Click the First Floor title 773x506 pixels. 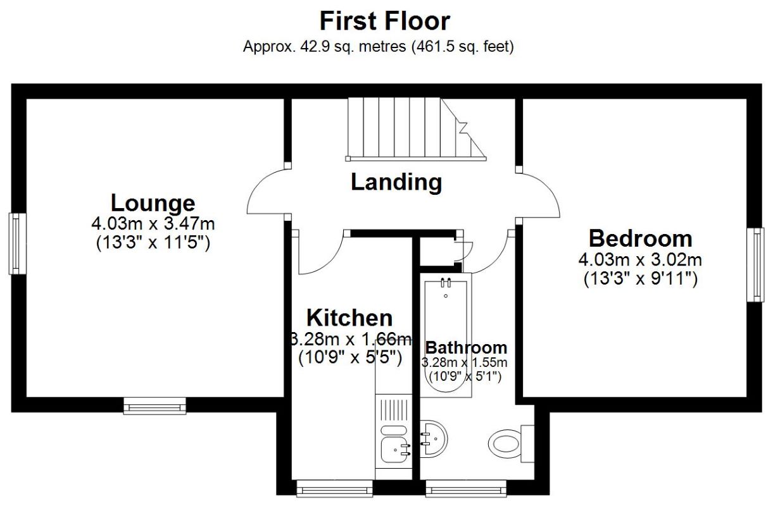pos(384,21)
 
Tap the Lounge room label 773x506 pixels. pos(153,203)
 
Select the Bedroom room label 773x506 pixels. pos(640,238)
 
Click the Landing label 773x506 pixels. pos(396,182)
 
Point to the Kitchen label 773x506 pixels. pos(349,318)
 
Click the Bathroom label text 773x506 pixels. pos(466,347)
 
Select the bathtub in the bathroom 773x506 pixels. pos(446,335)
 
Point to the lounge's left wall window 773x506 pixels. pos(17,244)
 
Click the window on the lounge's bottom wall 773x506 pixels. pos(154,405)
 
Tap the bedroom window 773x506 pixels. pos(755,264)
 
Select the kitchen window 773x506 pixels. pos(334,488)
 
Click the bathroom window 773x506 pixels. pos(466,488)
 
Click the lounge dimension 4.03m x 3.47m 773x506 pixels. pos(153,223)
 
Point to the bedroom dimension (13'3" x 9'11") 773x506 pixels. pos(640,279)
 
